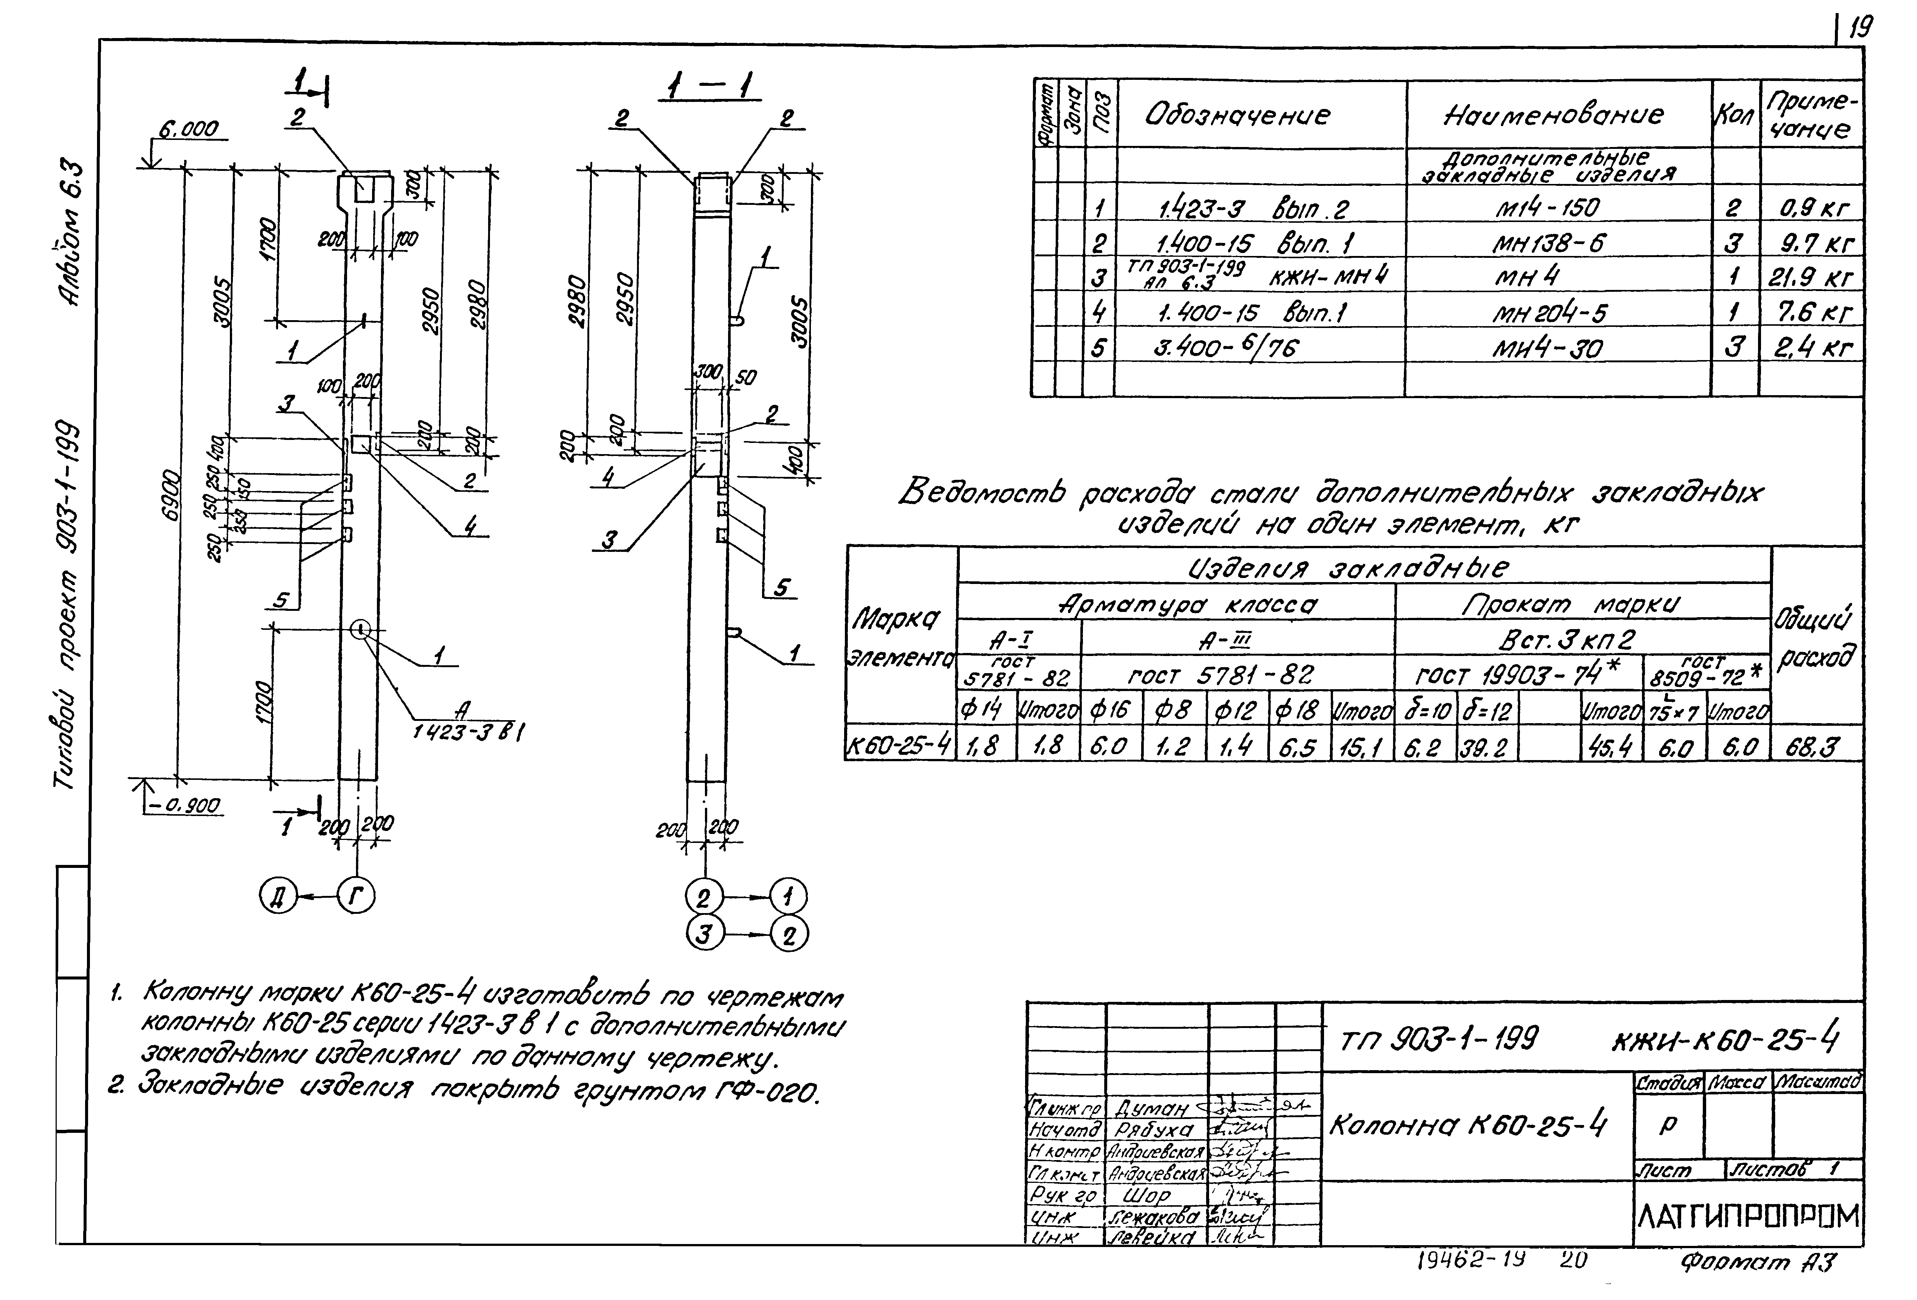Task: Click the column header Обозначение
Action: tap(1237, 115)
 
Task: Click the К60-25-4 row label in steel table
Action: tap(899, 747)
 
